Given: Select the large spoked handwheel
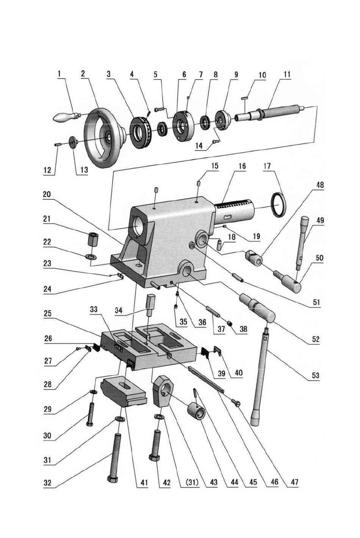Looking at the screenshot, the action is [104, 138].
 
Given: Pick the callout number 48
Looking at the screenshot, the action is [320, 185].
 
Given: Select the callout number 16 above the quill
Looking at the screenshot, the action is [242, 166].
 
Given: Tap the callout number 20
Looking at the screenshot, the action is [47, 194].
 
